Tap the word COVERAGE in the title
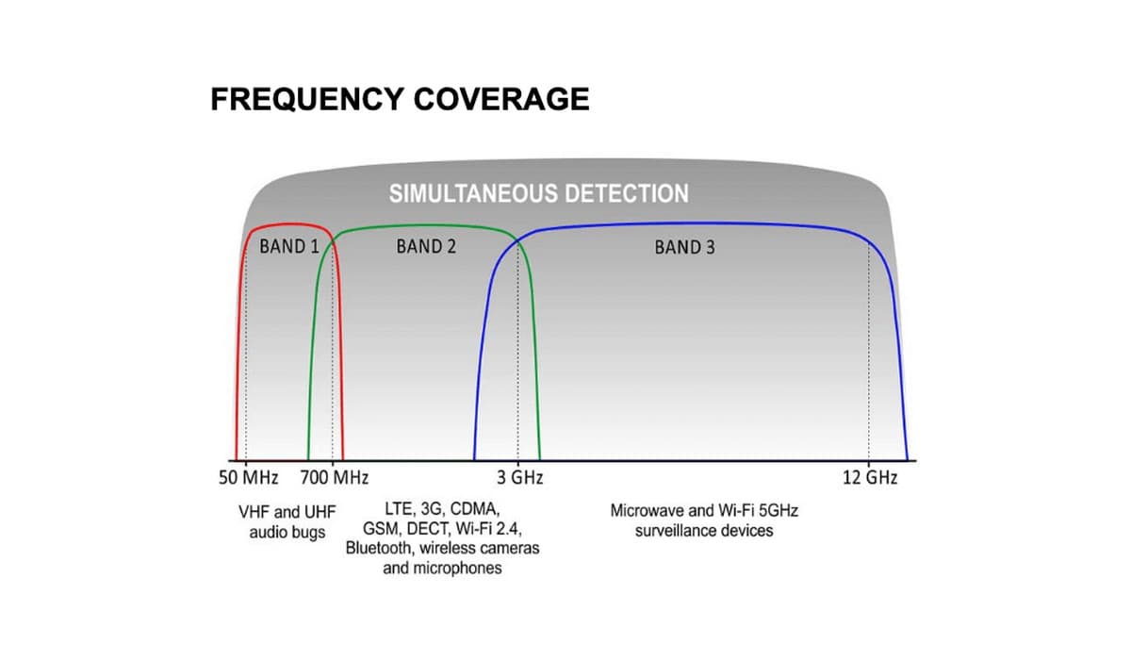point(501,99)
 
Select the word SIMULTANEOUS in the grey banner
point(473,193)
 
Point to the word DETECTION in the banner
point(626,193)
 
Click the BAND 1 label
point(289,246)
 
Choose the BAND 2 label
point(426,246)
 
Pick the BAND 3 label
point(684,247)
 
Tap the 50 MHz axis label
point(249,478)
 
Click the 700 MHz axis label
point(335,478)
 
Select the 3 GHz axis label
point(519,478)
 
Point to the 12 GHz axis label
point(870,478)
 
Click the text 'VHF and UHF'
point(287,512)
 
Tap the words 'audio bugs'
point(287,533)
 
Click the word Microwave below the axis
point(647,510)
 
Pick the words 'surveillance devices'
point(704,531)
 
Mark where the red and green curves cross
point(333,244)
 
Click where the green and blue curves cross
point(518,242)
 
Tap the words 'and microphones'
point(442,569)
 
